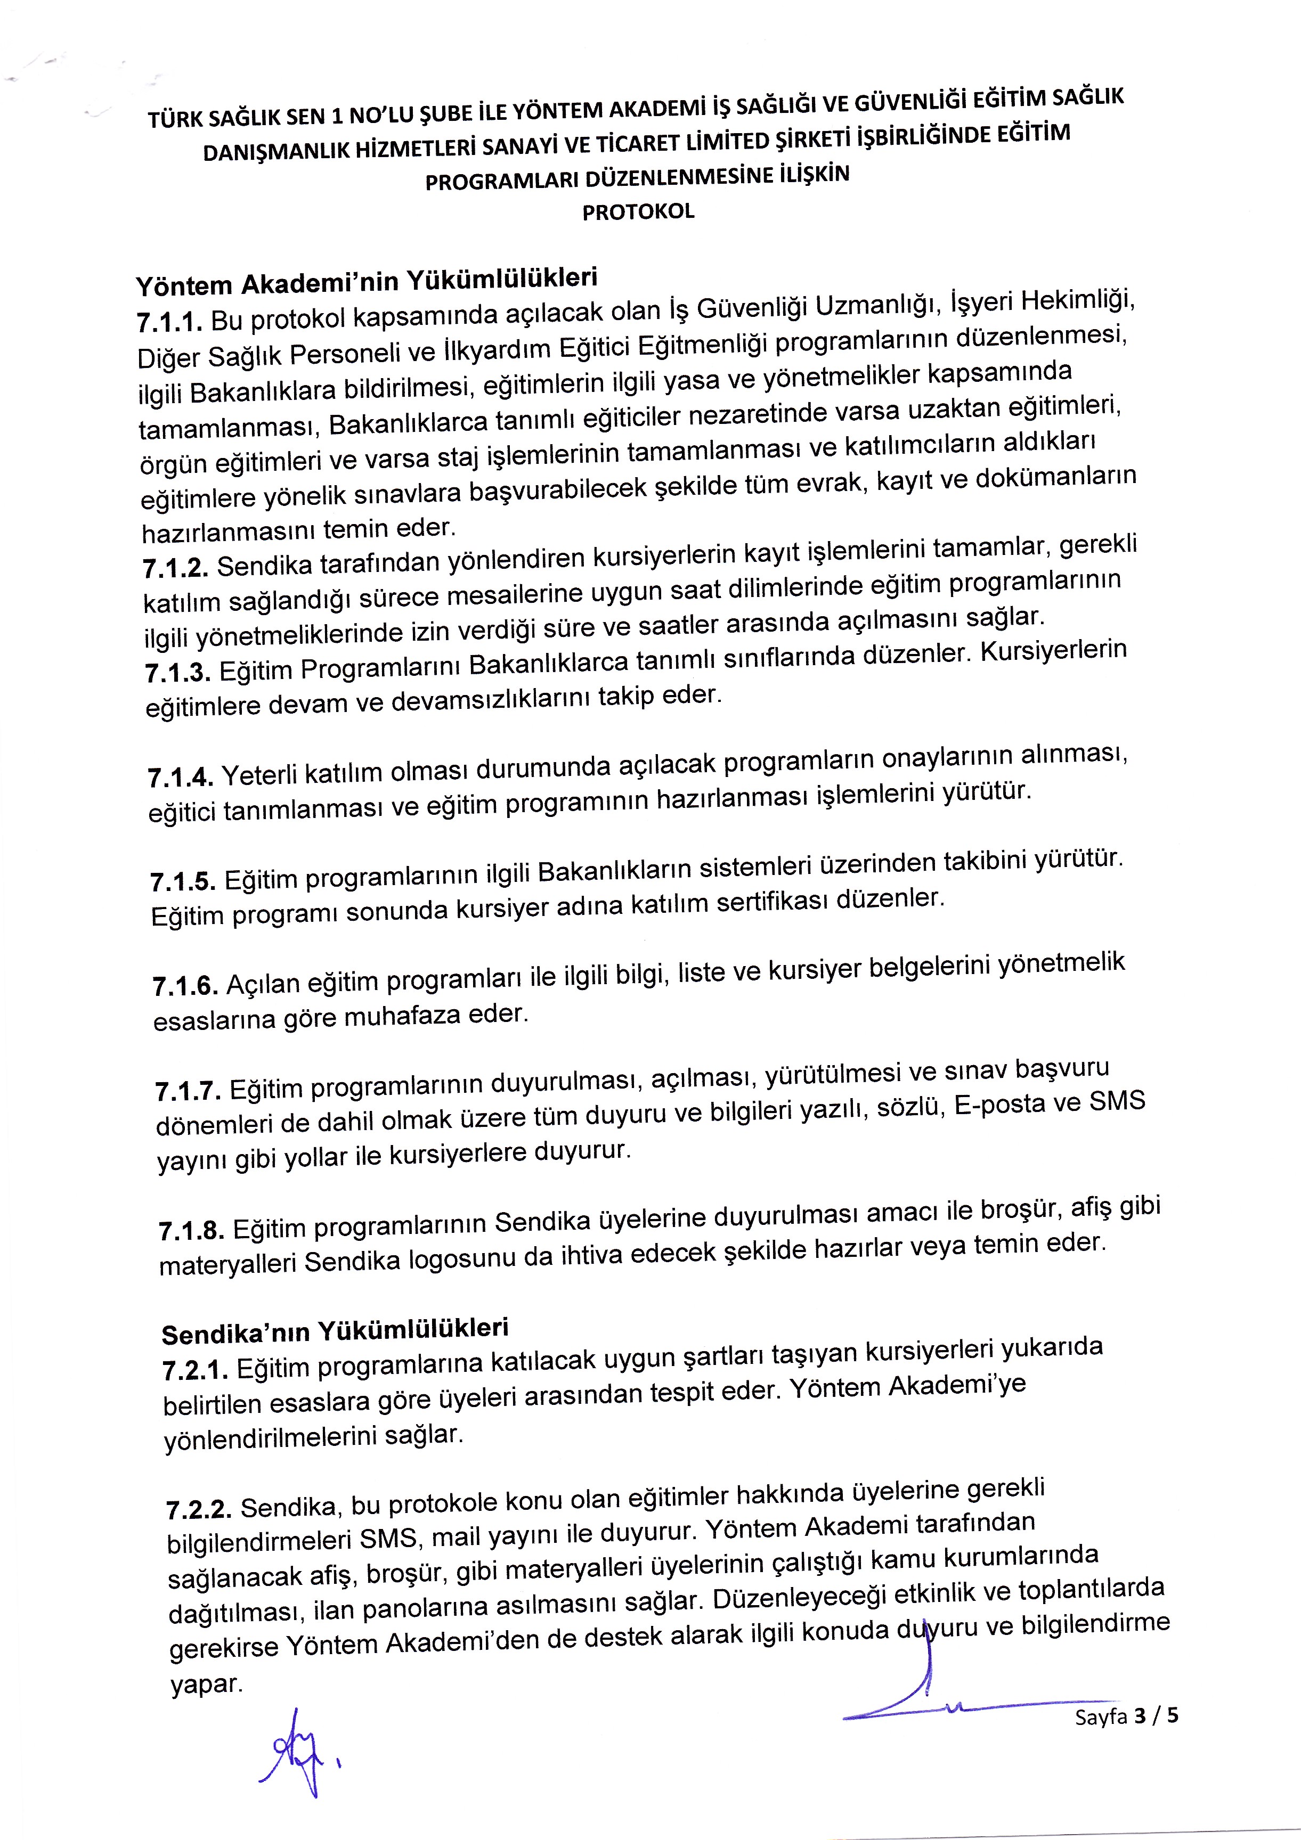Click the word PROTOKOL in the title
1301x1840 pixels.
(638, 212)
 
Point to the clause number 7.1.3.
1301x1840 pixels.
(178, 673)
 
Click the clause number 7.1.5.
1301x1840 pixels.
(183, 881)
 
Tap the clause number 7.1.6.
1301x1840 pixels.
(185, 986)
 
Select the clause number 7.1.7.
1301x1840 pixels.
(189, 1091)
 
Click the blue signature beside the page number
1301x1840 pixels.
(946, 1691)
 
